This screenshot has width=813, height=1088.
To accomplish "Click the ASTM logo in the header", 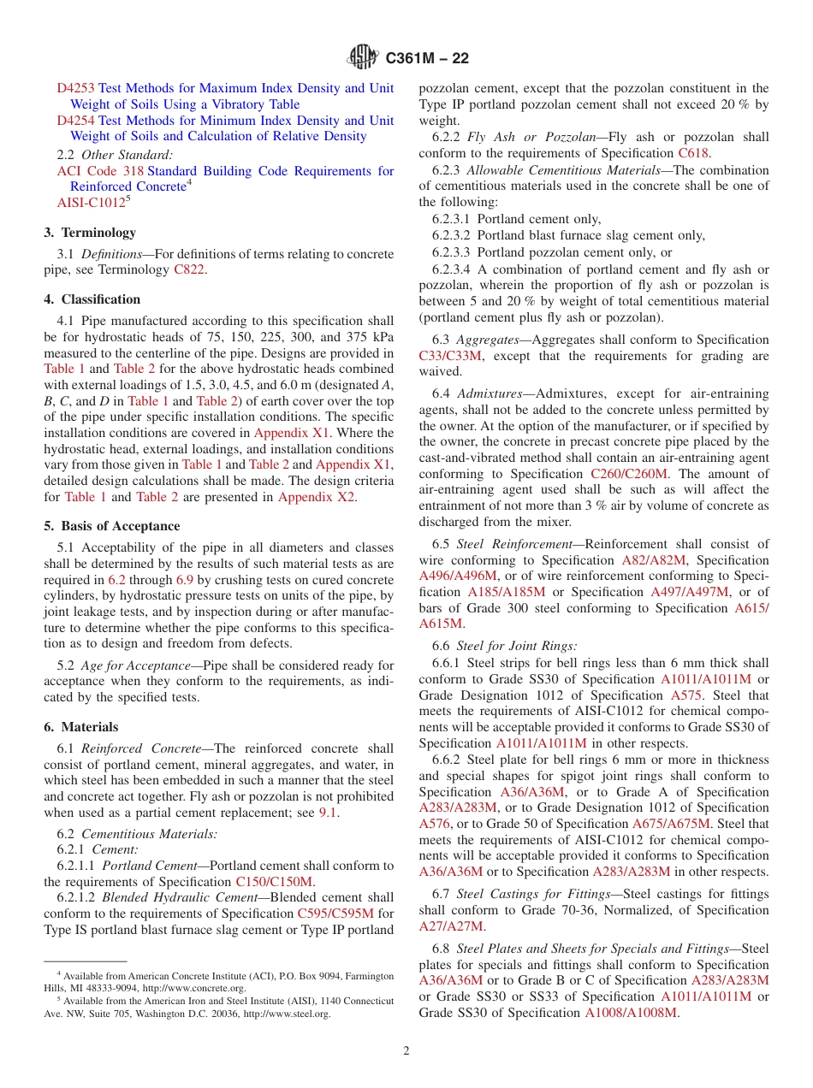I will tap(364, 58).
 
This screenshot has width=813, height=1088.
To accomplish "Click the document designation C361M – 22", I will tap(427, 59).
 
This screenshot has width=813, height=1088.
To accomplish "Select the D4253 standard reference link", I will tap(76, 88).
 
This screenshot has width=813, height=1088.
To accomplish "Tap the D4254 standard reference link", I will tap(76, 121).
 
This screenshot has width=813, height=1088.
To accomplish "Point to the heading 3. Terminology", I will tap(90, 233).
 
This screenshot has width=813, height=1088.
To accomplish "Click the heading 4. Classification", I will tap(92, 299).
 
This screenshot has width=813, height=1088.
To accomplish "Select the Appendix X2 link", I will tap(316, 497).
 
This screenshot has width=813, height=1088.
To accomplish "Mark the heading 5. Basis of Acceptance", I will tap(112, 526).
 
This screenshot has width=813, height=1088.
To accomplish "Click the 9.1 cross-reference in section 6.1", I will tap(328, 813).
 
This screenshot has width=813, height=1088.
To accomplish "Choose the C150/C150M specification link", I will tap(274, 882).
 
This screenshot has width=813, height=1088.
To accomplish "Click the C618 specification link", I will tap(692, 153).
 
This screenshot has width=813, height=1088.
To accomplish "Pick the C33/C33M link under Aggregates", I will tap(450, 356).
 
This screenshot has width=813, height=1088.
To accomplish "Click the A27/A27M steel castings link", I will tap(451, 926).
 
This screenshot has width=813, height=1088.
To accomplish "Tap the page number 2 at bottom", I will tap(406, 1051).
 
